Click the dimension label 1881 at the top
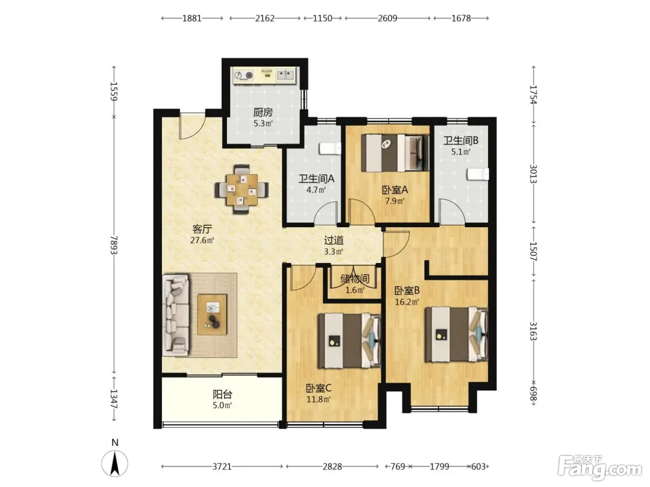coord(192,19)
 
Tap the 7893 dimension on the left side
coord(114,245)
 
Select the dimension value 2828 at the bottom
coord(332,467)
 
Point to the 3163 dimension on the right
coord(533,331)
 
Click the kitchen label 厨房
coord(263,112)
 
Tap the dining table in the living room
coord(241,190)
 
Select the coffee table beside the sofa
coord(212,314)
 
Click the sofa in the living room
coord(175,315)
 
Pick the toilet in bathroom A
coord(330,149)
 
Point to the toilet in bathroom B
coord(478,174)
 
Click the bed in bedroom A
coord(395,153)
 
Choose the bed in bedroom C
coord(350,340)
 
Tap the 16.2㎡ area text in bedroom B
coord(407,302)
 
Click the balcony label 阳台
coord(222,394)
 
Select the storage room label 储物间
coord(354,279)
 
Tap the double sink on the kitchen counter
coord(285,75)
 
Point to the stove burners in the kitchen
coord(244,76)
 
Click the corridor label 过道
coord(333,241)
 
